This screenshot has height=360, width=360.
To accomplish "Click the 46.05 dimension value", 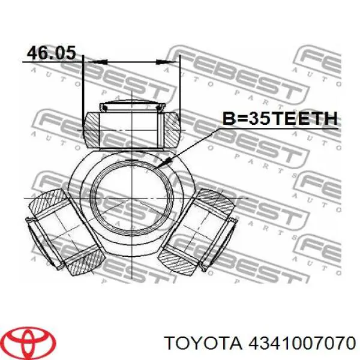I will tap(51, 53).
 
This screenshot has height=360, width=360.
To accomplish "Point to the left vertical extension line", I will tap(83, 84).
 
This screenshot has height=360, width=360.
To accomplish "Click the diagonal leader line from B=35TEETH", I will tap(192, 144).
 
